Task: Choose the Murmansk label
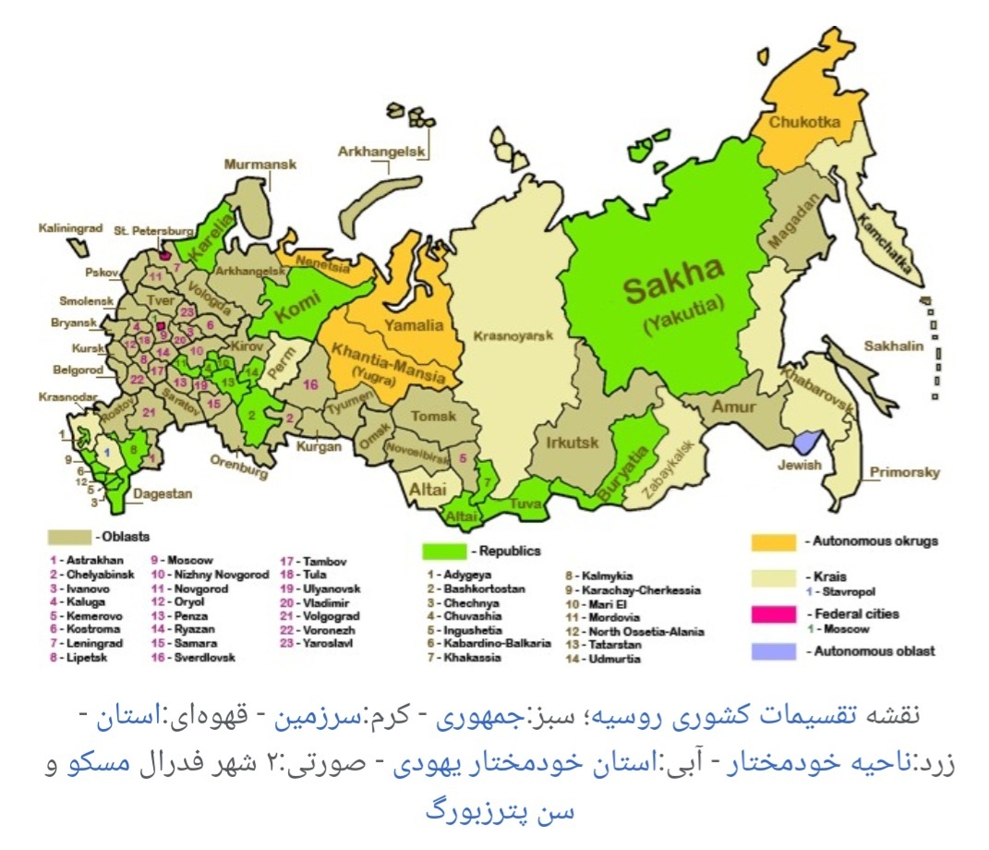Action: pyautogui.click(x=259, y=164)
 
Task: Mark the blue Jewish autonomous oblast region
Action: pyautogui.click(x=808, y=442)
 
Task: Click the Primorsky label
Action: pyautogui.click(x=905, y=472)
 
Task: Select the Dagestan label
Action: pyautogui.click(x=162, y=494)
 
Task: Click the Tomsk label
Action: pyautogui.click(x=433, y=417)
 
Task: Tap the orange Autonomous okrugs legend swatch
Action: pyautogui.click(x=774, y=540)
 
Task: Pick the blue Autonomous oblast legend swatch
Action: pyautogui.click(x=774, y=650)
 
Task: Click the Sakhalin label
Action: pyautogui.click(x=891, y=346)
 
